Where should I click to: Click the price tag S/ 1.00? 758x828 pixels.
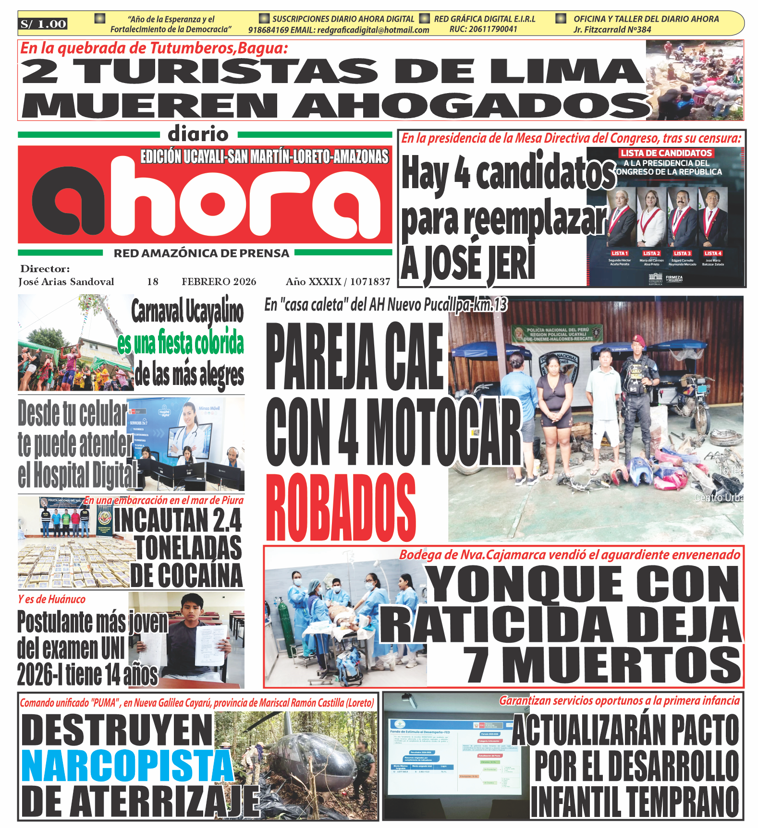pyautogui.click(x=43, y=24)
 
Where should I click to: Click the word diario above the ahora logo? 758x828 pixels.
pyautogui.click(x=198, y=134)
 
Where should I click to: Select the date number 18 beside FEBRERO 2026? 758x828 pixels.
pyautogui.click(x=153, y=282)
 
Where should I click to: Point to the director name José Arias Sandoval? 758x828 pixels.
pyautogui.click(x=66, y=282)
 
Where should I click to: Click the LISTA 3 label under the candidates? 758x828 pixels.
pyautogui.click(x=682, y=253)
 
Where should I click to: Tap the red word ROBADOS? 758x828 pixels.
pyautogui.click(x=341, y=508)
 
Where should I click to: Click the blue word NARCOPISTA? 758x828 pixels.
pyautogui.click(x=127, y=767)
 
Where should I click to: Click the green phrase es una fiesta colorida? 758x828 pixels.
pyautogui.click(x=181, y=343)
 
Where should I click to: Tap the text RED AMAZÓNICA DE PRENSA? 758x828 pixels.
pyautogui.click(x=201, y=253)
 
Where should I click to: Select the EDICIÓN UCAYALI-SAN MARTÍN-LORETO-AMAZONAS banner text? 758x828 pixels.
pyautogui.click(x=264, y=157)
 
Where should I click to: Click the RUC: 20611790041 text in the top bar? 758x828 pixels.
pyautogui.click(x=483, y=29)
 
